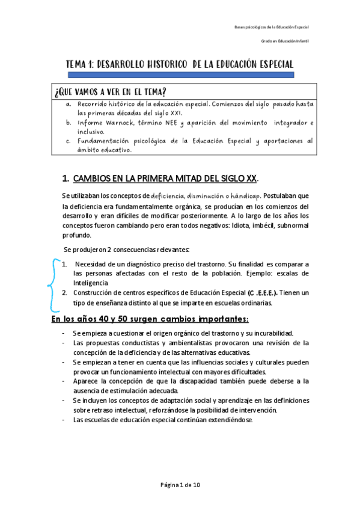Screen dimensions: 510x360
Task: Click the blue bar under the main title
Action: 181,75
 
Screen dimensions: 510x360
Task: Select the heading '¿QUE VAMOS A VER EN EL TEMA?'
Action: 110,91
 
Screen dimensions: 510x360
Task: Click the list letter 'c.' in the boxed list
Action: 69,141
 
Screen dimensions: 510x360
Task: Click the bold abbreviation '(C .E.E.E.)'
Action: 261,293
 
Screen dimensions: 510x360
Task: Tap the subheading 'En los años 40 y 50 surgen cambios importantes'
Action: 150,318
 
